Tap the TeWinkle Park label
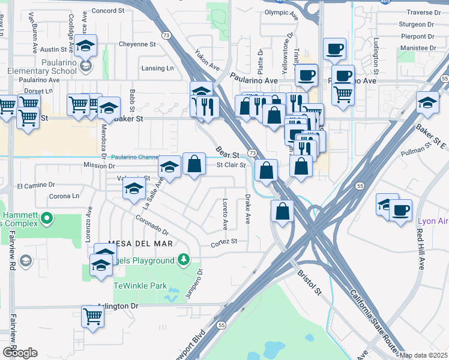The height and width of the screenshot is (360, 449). coord(140,286)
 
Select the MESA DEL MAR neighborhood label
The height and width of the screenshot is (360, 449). coord(140,243)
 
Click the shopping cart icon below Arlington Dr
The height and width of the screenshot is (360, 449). coord(92,316)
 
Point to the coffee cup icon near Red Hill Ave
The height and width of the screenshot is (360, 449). coord(400,211)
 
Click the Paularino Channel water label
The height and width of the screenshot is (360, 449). coord(135,157)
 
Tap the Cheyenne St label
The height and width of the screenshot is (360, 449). coord(137,44)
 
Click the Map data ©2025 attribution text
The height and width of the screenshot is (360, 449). coord(423,355)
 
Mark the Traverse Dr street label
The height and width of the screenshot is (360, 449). coord(423,12)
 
